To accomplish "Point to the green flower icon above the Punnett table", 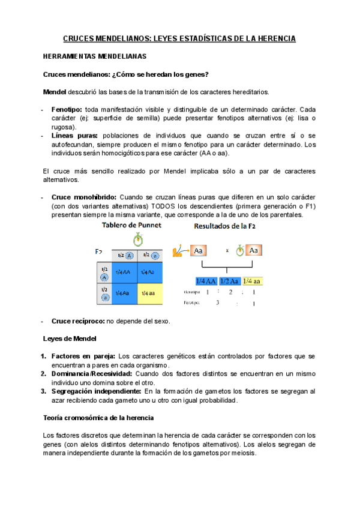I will tap(138, 240).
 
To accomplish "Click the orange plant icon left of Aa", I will tap(178, 250).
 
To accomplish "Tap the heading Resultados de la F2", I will tap(229, 226).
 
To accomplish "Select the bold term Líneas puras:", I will tap(75, 136).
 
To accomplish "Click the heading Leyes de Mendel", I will tap(70, 339).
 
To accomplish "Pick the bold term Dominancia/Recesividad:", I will tap(92, 373).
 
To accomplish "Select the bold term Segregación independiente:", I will tap(97, 391).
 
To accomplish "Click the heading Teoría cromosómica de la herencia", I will tap(99, 417).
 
